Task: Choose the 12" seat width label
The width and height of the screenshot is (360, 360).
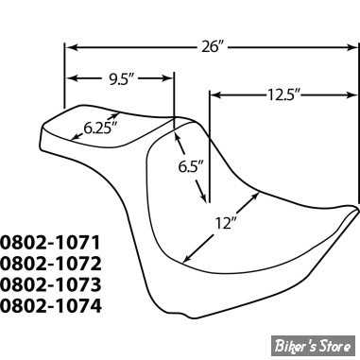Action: pos(226,223)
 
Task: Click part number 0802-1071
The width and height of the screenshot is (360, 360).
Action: pos(50,242)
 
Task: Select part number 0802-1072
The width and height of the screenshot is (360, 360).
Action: pos(51,264)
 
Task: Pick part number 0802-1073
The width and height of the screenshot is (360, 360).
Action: pos(51,284)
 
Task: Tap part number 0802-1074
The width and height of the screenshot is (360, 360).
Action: pos(51,306)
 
